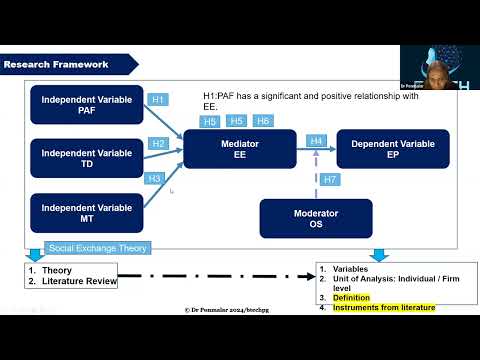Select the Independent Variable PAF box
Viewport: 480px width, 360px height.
click(87, 103)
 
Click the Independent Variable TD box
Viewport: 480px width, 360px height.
click(87, 158)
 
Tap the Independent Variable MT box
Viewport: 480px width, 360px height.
click(87, 213)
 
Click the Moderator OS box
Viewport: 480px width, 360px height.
click(316, 218)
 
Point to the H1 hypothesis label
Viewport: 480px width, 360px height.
click(158, 100)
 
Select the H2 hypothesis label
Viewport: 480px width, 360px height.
click(158, 144)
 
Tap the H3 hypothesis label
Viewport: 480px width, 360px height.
click(154, 178)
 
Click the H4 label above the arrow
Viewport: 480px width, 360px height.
click(317, 141)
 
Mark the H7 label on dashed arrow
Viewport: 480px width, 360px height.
click(331, 179)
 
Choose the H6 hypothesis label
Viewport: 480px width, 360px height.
click(263, 121)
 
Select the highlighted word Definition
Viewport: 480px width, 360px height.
click(352, 298)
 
